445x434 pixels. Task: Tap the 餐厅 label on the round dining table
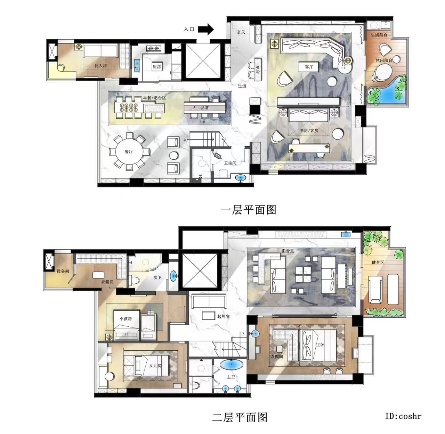(x=129, y=152)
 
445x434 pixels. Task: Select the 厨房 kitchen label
(x=157, y=67)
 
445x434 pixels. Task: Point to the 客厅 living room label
(x=309, y=67)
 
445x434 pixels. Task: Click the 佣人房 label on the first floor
(x=101, y=66)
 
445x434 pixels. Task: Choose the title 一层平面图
(x=249, y=210)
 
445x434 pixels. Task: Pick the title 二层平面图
(x=240, y=417)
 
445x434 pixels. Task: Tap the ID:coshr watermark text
(x=403, y=416)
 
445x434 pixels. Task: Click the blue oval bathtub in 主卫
(x=232, y=365)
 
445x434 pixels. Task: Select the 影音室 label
(x=288, y=251)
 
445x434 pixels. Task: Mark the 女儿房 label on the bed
(x=155, y=366)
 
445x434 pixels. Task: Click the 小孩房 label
(x=126, y=318)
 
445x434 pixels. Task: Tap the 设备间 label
(x=63, y=271)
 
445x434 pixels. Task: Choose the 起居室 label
(x=224, y=316)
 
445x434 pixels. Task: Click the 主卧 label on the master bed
(x=320, y=345)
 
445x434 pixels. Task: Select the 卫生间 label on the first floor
(x=230, y=163)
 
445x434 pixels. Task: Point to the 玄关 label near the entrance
(x=241, y=32)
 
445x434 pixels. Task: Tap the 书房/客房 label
(x=309, y=131)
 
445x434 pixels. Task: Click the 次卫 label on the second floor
(x=157, y=278)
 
